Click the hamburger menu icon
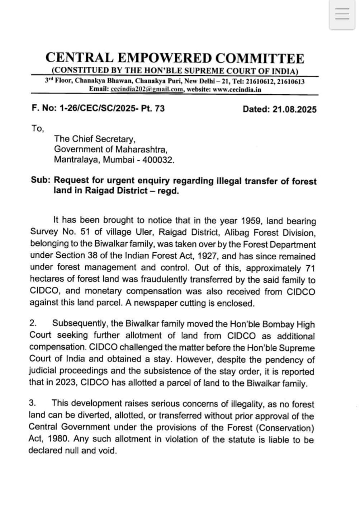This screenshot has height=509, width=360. click(342, 14)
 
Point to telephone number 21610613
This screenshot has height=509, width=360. click(291, 82)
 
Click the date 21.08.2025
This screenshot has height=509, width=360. click(294, 109)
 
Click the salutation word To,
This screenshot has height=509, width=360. click(38, 128)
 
